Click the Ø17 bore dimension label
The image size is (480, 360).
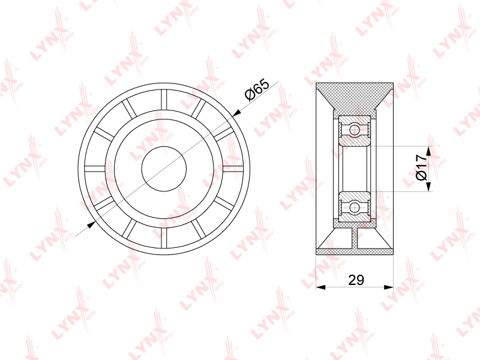[x=421, y=167]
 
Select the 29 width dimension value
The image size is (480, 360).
[x=356, y=280]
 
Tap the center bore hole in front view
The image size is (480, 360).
[x=164, y=169]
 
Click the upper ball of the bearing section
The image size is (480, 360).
[x=355, y=130]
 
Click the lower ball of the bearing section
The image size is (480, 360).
[x=355, y=207]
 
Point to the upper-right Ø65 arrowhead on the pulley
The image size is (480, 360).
[x=236, y=114]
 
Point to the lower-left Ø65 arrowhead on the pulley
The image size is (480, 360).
[x=91, y=224]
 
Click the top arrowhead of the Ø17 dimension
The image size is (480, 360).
[x=428, y=151]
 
